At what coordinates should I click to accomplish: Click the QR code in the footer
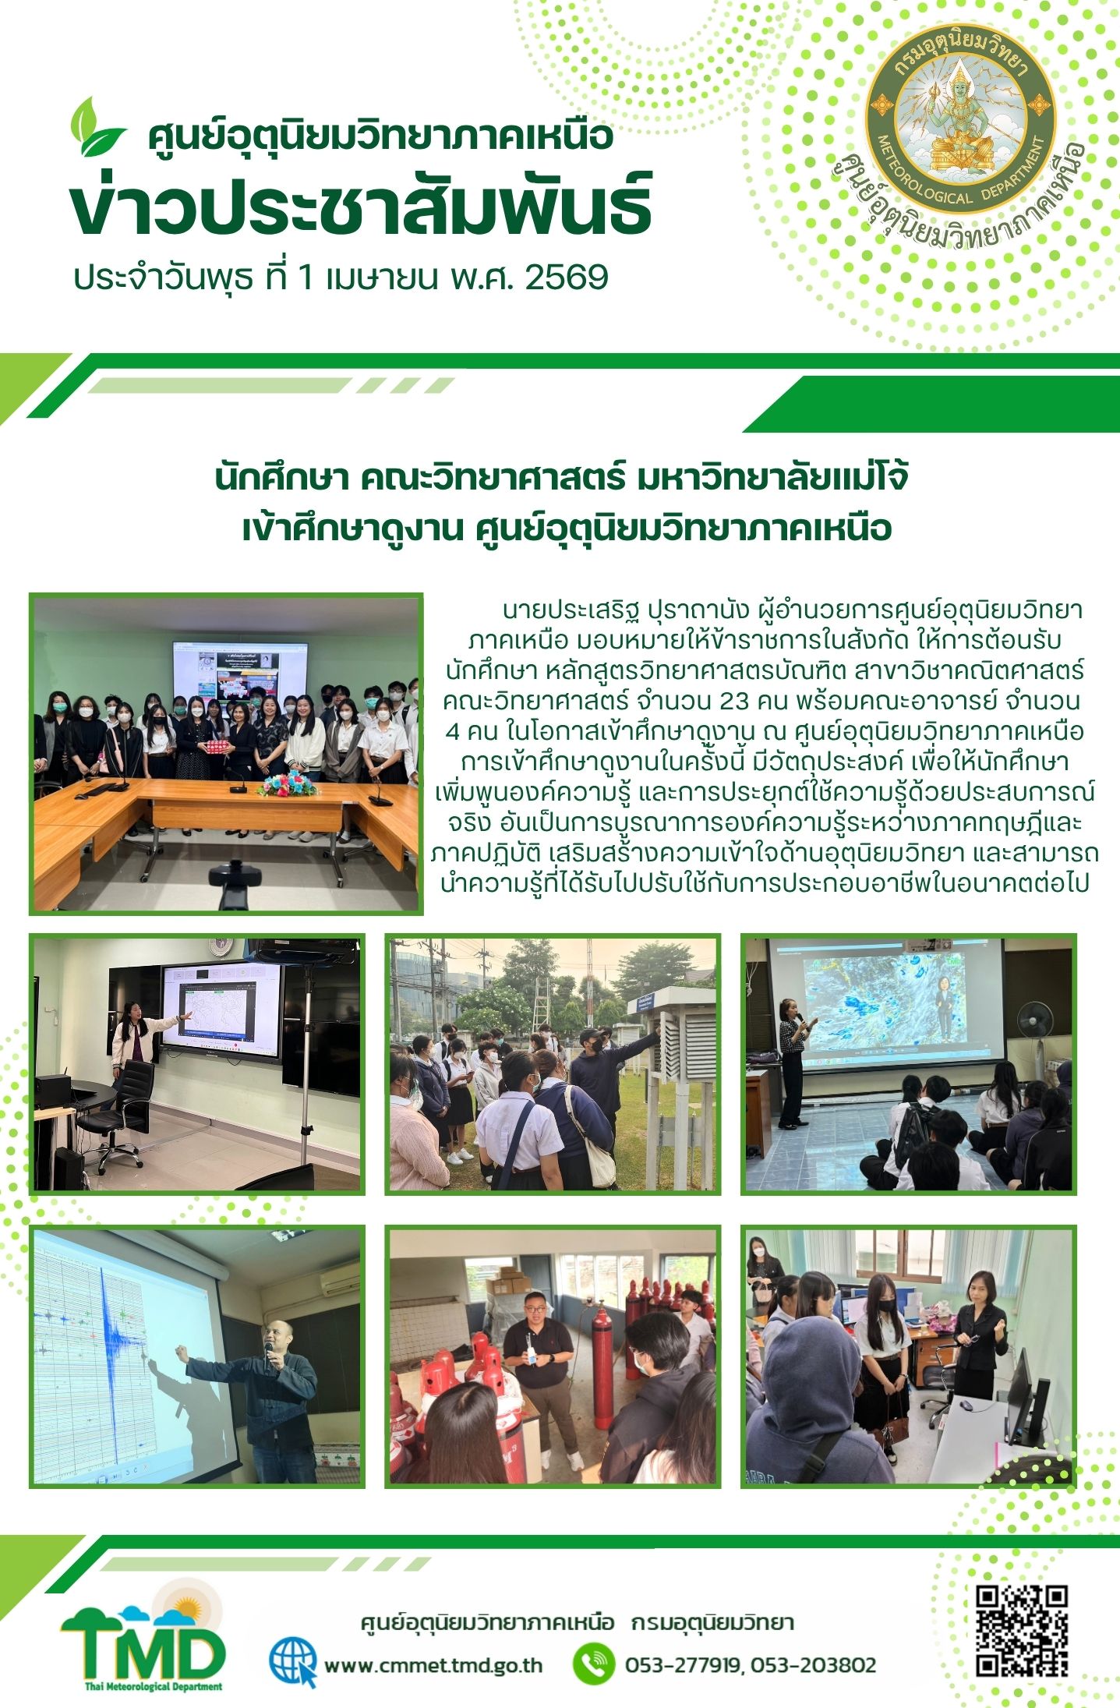pyautogui.click(x=1022, y=1631)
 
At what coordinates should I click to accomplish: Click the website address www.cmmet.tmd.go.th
pyautogui.click(x=433, y=1665)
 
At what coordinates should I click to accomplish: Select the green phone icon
pyautogui.click(x=594, y=1664)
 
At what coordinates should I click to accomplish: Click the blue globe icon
pyautogui.click(x=293, y=1662)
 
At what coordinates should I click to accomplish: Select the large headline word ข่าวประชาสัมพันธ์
pyautogui.click(x=361, y=207)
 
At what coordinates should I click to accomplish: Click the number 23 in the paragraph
pyautogui.click(x=735, y=701)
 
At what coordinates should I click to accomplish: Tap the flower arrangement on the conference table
pyautogui.click(x=286, y=783)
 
